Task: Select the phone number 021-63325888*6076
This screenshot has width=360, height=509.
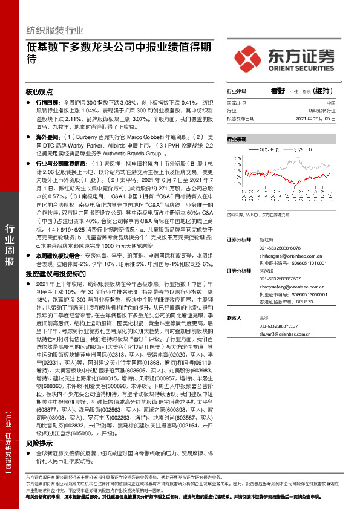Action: [x=268, y=248]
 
